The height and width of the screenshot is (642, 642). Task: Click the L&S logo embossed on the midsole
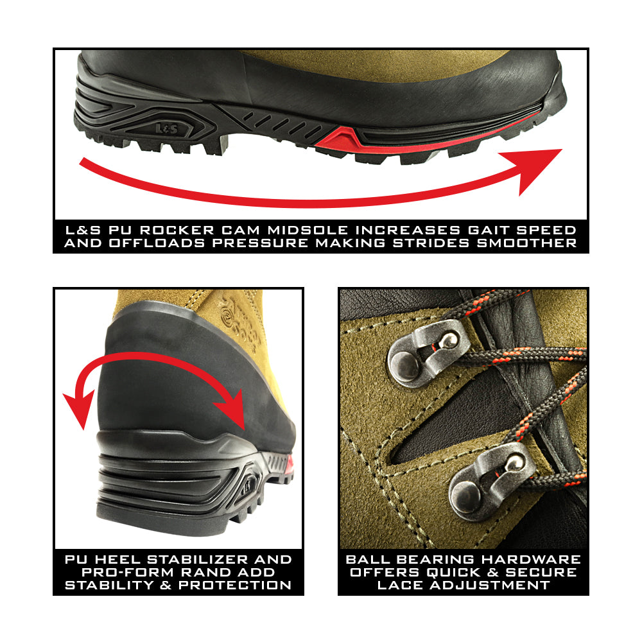point(167,129)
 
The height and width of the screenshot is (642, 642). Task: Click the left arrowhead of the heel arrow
point(78,408)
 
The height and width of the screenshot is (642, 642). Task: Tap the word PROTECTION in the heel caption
point(234,586)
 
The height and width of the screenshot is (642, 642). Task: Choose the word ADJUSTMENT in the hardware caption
point(489,586)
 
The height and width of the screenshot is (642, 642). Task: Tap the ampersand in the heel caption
point(166,586)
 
